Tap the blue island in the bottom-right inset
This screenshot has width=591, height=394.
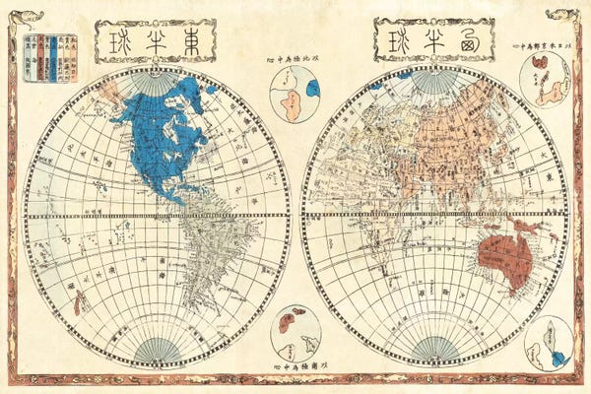pos(558,358)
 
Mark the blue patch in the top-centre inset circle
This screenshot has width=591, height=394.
pos(312,89)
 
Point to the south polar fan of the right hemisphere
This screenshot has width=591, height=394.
pos(434,350)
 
